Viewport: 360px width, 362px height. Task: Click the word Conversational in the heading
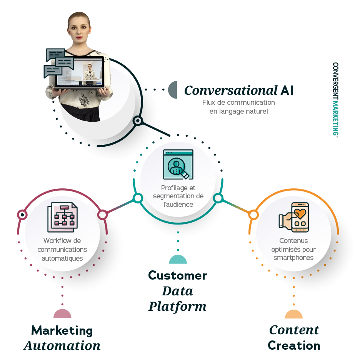tap(231, 90)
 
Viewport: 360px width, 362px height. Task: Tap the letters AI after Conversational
tap(287, 90)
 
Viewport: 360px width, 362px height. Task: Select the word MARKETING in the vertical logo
tap(335, 118)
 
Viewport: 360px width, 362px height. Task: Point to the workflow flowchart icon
tap(62, 217)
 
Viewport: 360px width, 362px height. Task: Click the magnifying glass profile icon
tap(178, 164)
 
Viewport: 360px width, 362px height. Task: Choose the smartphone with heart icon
tap(293, 217)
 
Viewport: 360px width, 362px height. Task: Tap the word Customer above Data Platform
tap(178, 275)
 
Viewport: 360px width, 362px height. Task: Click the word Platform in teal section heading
tap(178, 307)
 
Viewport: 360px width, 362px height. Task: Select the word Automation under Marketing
tap(62, 345)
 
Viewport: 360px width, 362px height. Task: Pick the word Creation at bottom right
tap(294, 345)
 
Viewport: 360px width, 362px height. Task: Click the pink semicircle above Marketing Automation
tap(62, 313)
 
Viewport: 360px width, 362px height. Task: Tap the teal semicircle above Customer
tap(178, 259)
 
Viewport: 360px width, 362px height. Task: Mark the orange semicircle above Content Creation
tap(293, 314)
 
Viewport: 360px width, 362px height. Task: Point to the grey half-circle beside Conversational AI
tap(173, 90)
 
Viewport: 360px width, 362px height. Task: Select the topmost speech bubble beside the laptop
tap(55, 54)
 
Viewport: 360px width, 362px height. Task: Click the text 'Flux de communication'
tap(238, 102)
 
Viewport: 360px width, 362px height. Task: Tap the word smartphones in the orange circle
tap(293, 258)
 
